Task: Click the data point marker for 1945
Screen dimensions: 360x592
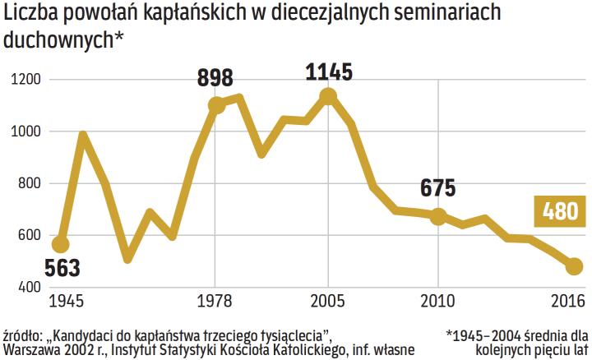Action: pos(60,244)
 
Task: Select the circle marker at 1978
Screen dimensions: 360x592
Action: pos(217,106)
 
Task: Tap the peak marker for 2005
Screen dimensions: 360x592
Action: pos(328,97)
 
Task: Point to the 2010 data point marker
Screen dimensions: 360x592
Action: pos(438,216)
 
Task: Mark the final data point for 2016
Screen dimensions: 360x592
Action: pos(574,266)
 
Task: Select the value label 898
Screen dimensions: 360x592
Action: pos(215,79)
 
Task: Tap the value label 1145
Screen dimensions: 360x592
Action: pos(328,72)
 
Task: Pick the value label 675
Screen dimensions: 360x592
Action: pos(437,188)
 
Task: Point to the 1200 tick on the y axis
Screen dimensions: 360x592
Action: pos(27,80)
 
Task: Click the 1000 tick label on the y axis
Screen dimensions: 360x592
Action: pos(27,132)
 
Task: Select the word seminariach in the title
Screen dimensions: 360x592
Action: pos(449,16)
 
